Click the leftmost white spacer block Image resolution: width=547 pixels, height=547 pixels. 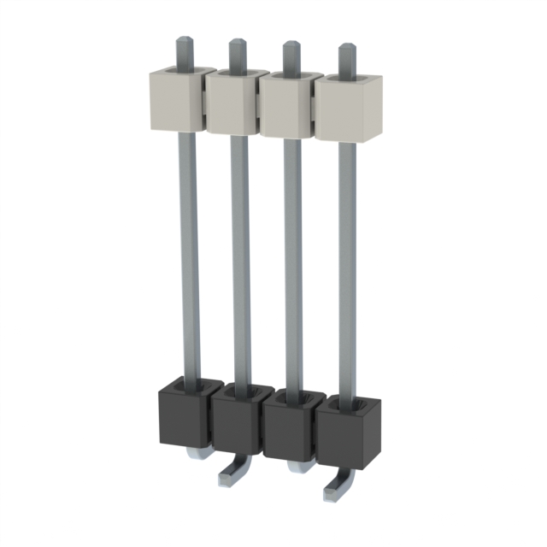point(178,101)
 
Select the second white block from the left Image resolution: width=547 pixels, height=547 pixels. point(231,104)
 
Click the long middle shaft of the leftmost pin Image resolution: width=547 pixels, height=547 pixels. point(189,256)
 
